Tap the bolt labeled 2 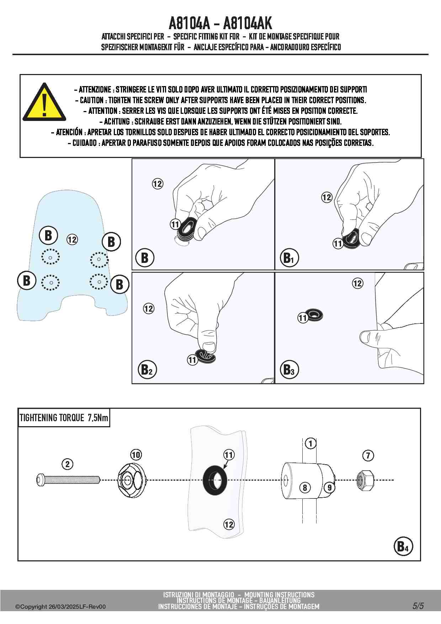click(68, 480)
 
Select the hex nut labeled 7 click(365, 480)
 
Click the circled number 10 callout click(136, 455)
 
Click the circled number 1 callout click(310, 444)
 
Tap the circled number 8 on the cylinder click(305, 487)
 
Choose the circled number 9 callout click(329, 487)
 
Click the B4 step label click(403, 546)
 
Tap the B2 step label click(146, 370)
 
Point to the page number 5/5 click(418, 606)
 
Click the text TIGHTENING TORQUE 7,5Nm click(64, 418)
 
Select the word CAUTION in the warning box click(91, 100)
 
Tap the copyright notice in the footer click(60, 607)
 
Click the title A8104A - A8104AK click(220, 23)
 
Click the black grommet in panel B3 click(315, 315)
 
